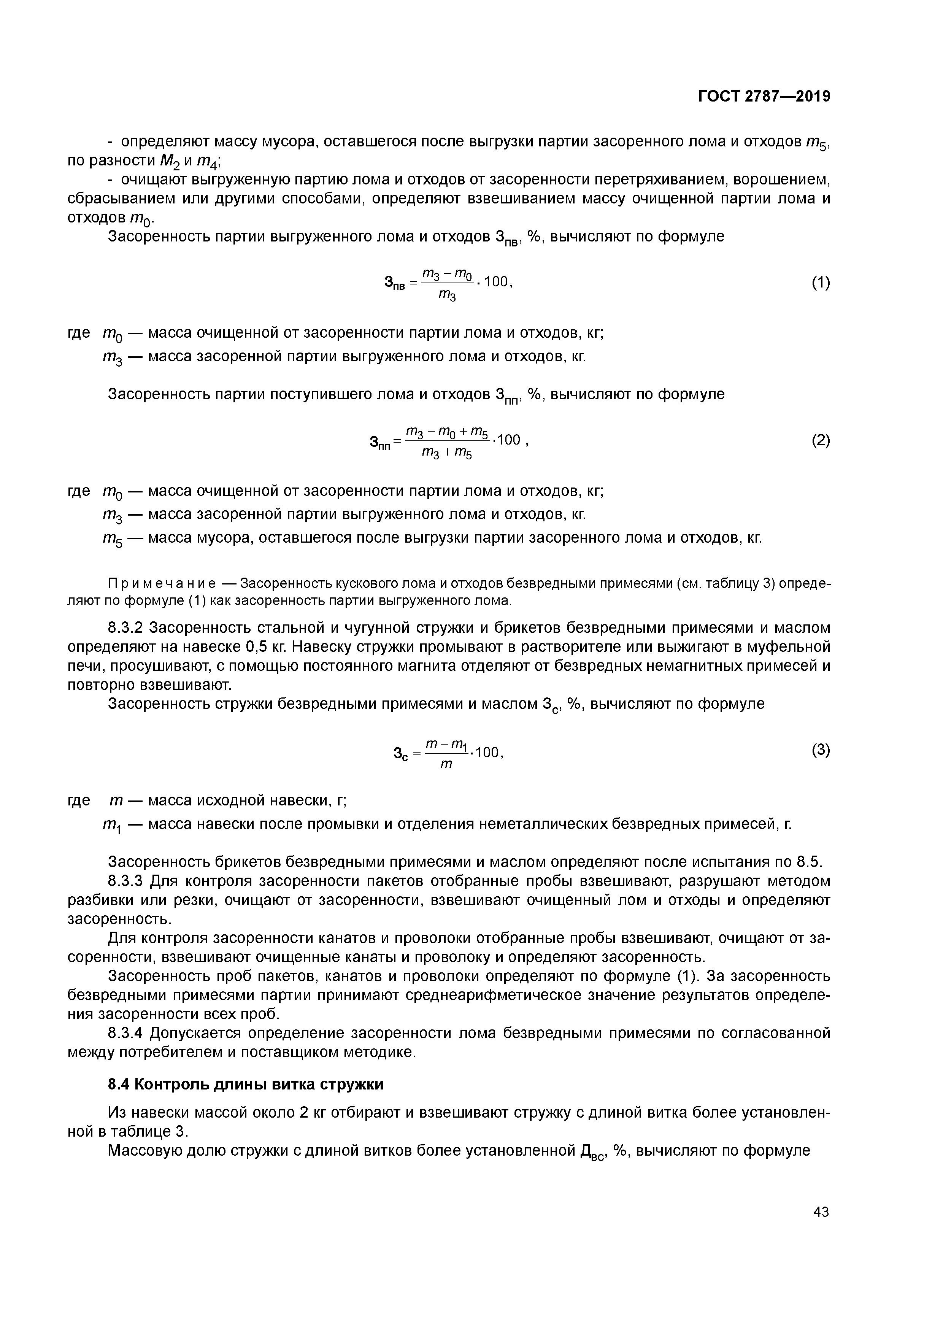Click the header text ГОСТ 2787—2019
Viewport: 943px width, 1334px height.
(x=764, y=97)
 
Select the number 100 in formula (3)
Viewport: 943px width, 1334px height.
(x=487, y=753)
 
